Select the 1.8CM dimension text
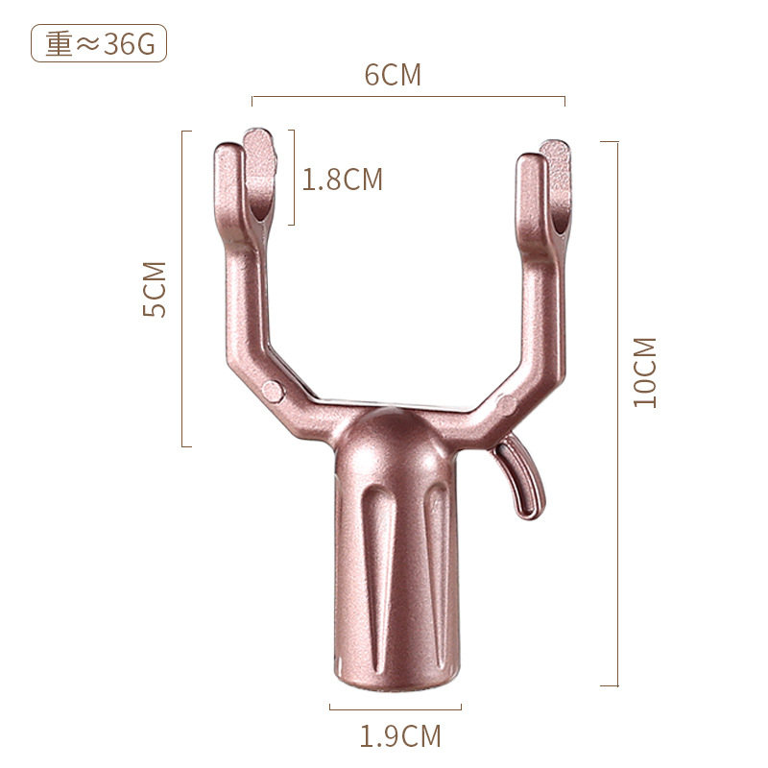[343, 180]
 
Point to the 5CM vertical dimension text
[155, 289]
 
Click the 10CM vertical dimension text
[645, 372]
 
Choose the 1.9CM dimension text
[400, 736]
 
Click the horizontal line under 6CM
[408, 97]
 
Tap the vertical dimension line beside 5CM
[182, 288]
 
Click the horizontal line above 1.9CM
[396, 708]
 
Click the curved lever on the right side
[526, 475]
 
